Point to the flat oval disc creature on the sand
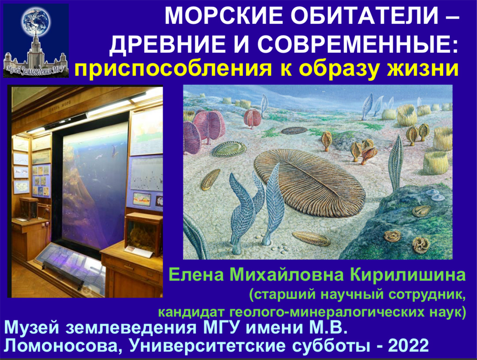[x=294, y=130]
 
